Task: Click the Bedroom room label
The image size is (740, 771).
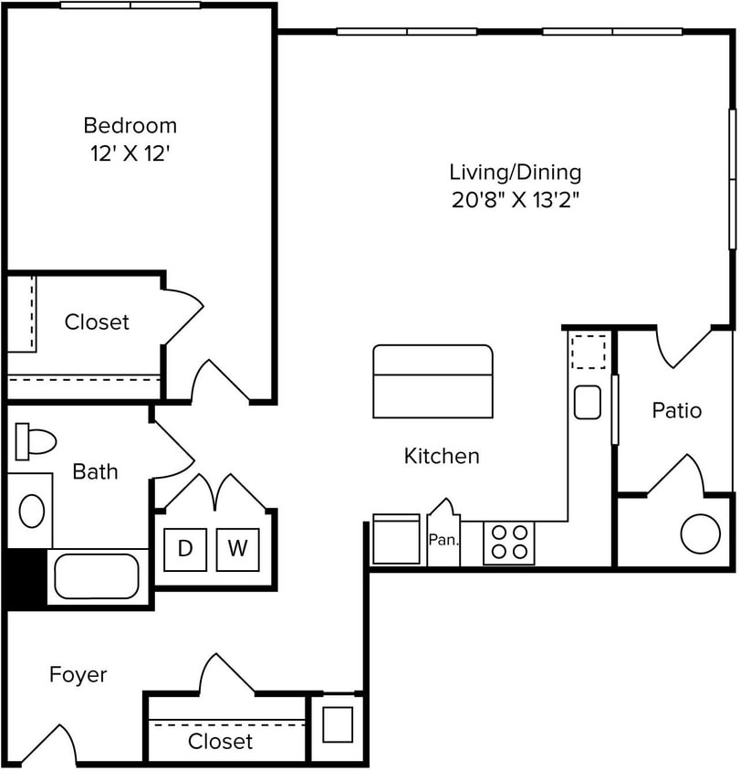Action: coord(130,125)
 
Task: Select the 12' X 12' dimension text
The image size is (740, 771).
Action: coord(130,154)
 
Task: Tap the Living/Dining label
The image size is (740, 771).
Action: coord(515,172)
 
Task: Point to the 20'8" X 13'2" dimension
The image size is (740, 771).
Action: coord(515,201)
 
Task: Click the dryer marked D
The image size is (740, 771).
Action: coord(185,549)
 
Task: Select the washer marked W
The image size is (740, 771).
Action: coord(237,549)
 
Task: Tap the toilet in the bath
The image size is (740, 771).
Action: coord(35,442)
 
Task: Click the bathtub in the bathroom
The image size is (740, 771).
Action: coord(96,576)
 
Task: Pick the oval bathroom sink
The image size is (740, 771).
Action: coord(32,511)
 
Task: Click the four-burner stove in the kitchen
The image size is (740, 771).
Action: coord(508,543)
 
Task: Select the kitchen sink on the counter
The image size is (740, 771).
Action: coord(588,402)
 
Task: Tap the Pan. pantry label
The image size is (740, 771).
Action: coord(443,540)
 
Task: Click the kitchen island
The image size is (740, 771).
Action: coord(433,381)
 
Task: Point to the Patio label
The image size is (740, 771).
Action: coord(676,411)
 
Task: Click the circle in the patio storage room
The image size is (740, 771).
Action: coord(700,533)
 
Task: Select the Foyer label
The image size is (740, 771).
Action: coord(78,675)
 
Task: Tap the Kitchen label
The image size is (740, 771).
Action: coord(442,456)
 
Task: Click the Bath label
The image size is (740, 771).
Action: coord(95,471)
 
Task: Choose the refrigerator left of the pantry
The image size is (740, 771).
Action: coord(396,541)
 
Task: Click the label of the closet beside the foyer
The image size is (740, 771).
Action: coord(220,741)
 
